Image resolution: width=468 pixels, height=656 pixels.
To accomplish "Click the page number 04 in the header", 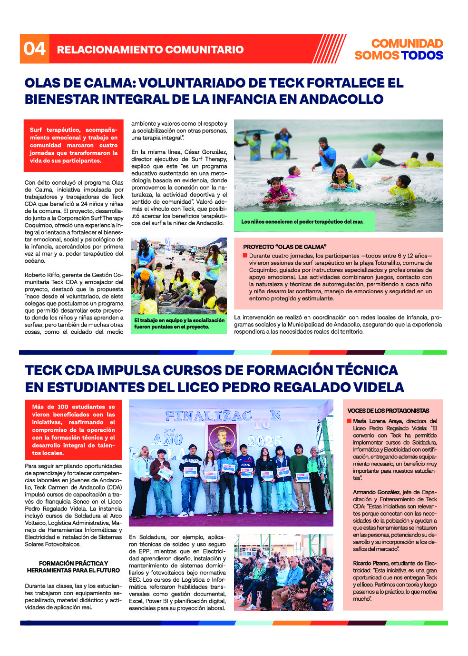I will click(x=35, y=49).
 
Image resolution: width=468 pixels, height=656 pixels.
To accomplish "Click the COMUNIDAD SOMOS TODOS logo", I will click(x=399, y=50).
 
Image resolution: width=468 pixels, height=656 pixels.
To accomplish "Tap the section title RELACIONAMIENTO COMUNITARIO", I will click(x=150, y=50).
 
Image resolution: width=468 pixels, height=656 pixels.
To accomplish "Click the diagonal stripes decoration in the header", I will click(x=329, y=49).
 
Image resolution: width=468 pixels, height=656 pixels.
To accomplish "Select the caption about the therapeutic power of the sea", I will click(x=302, y=221).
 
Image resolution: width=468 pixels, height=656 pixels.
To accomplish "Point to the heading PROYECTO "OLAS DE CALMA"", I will click(x=284, y=247).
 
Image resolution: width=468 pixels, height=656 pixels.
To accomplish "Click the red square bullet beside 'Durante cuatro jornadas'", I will click(x=245, y=256).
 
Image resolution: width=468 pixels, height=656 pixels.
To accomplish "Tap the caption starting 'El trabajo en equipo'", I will click(x=179, y=324).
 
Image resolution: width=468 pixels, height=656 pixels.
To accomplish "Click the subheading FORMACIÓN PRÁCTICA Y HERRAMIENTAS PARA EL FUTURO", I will click(x=73, y=567).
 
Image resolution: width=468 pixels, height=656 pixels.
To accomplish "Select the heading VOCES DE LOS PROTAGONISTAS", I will click(x=388, y=410).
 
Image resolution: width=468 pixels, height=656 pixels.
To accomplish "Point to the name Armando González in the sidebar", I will click(x=376, y=492).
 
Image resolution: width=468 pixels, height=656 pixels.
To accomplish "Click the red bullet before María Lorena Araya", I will click(x=349, y=421).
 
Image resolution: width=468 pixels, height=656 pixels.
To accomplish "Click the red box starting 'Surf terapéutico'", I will click(x=74, y=145).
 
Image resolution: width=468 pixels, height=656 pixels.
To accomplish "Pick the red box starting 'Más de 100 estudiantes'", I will click(x=73, y=430).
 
